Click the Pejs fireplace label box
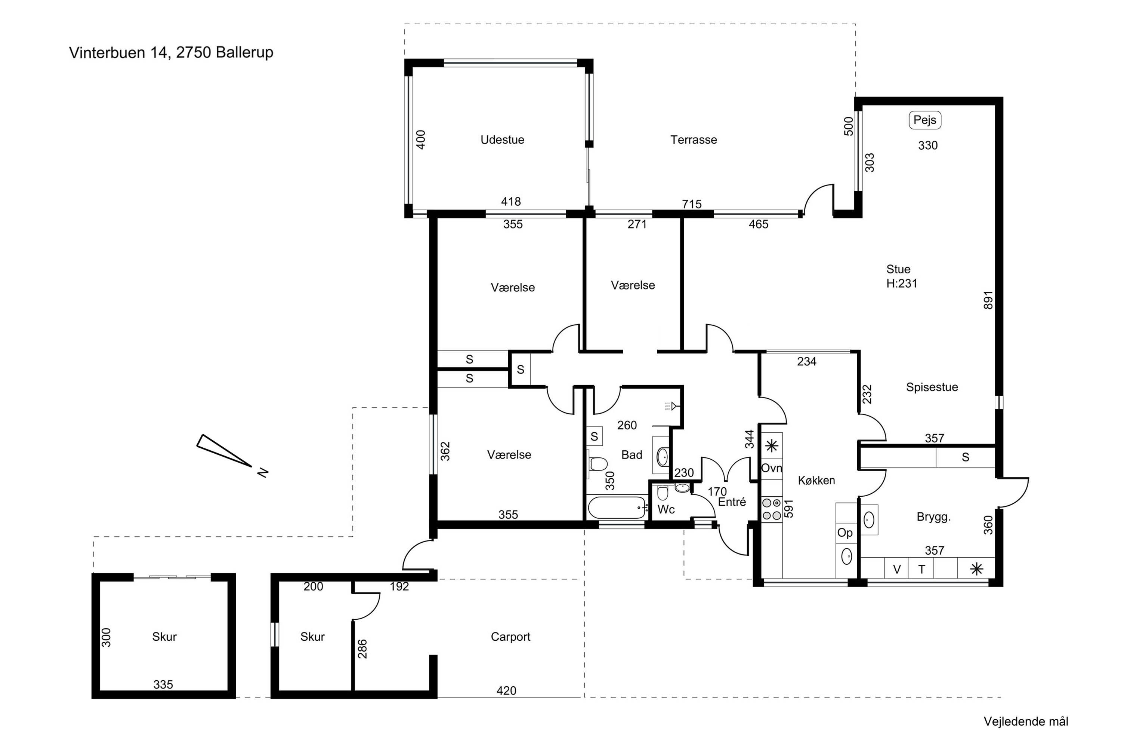(x=924, y=120)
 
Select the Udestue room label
(x=502, y=140)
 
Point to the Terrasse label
(x=694, y=140)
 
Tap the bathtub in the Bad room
(x=617, y=508)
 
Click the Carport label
(x=510, y=637)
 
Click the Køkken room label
(x=816, y=480)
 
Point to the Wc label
(x=666, y=509)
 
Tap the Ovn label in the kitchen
(x=772, y=468)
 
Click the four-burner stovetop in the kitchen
(x=772, y=509)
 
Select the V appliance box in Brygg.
(x=896, y=568)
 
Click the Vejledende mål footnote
(x=1026, y=721)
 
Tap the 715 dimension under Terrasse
(x=692, y=204)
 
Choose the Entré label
(x=732, y=502)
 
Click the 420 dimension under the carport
(x=506, y=690)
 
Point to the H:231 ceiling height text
(x=902, y=283)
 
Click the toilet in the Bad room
(x=597, y=463)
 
